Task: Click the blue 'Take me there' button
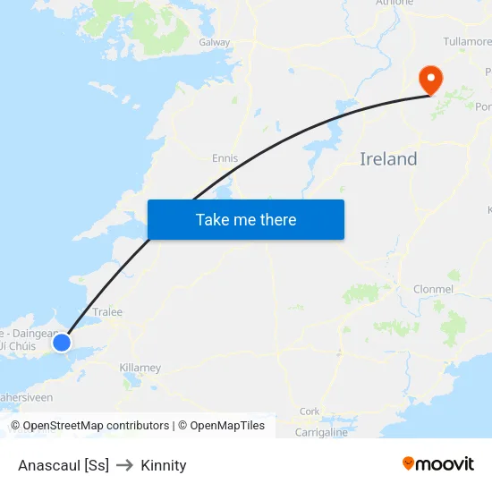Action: pos(245,219)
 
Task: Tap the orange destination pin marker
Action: pos(431,79)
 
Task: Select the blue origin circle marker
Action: pos(62,342)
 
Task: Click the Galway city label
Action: pos(215,42)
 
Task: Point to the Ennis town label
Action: pos(225,158)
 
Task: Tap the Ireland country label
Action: pos(388,159)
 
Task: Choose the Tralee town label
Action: pos(107,312)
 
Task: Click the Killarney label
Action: pos(140,368)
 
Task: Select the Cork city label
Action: pos(310,411)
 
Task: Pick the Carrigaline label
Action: pos(321,432)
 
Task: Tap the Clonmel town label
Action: pos(434,289)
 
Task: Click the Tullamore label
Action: pos(467,42)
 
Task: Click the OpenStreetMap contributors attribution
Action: pos(96,426)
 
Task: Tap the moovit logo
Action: pos(438,463)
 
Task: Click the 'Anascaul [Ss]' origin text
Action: pos(64,465)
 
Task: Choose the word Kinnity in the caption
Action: pos(164,465)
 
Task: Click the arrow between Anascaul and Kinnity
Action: pos(124,465)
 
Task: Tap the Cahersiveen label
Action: pos(27,397)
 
